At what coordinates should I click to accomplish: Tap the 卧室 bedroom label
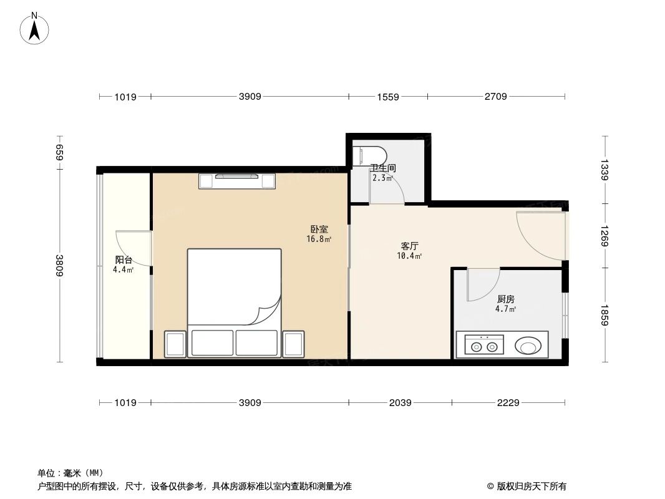319,229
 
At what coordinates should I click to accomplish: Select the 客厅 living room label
409,246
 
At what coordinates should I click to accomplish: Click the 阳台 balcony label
124,259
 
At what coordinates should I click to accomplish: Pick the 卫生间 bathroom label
382,168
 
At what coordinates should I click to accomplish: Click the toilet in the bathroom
368,156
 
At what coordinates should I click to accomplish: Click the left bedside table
175,344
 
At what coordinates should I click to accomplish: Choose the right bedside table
293,344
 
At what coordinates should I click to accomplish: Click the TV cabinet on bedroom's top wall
236,180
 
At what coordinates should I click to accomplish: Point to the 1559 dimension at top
388,97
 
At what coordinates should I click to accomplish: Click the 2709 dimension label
495,97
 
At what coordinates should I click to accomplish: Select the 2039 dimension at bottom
400,403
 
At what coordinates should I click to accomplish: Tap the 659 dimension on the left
60,152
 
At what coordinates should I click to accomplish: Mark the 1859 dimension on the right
604,315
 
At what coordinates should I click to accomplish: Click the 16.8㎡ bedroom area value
319,239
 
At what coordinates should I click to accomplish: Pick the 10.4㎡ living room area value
409,256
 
